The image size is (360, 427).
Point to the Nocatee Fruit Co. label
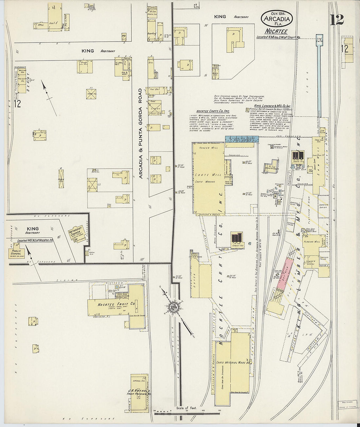[x=117, y=304]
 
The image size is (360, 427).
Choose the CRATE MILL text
[x=206, y=174]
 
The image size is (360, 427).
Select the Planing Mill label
[x=313, y=242]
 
